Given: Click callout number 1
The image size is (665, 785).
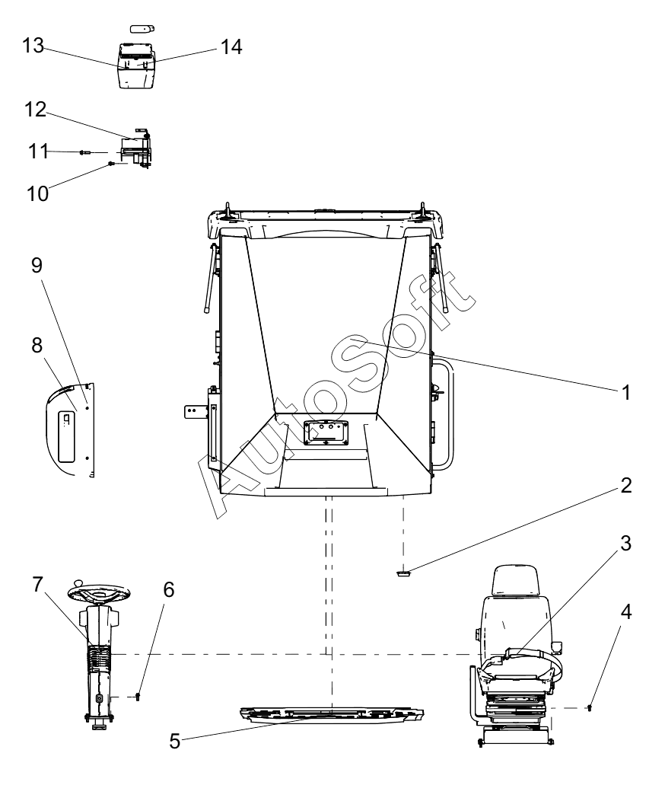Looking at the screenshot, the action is (625, 393).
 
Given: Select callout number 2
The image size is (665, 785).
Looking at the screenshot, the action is (626, 485).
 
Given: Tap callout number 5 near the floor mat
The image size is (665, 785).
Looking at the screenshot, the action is (174, 742).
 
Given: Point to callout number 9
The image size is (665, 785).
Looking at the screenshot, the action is (37, 265).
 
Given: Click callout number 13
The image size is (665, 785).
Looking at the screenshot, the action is (33, 46).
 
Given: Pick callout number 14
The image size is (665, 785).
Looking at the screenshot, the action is (231, 47).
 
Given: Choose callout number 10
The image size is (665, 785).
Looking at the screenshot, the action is (37, 193).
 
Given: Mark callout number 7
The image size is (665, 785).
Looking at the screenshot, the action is (37, 584).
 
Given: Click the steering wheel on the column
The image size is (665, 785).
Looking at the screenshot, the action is (100, 593).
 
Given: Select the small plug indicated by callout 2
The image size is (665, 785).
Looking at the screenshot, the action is (402, 573).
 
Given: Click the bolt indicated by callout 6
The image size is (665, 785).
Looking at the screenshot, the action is (138, 697).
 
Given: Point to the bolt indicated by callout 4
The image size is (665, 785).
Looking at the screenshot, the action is (590, 708).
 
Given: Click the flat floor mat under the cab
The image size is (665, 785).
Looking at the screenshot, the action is (332, 715).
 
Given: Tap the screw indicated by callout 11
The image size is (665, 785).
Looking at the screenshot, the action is (84, 152).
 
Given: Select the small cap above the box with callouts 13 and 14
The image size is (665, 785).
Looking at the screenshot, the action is (142, 28).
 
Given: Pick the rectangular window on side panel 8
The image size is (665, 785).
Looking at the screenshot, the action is (66, 436).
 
